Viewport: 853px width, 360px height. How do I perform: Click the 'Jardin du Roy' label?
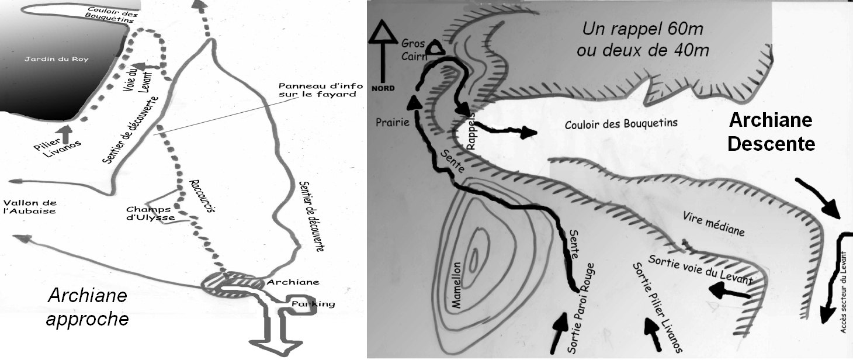click(x=56, y=59)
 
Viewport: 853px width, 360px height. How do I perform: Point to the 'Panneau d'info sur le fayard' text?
click(x=320, y=89)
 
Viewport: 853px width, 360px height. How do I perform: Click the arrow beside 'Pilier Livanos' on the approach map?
click(x=65, y=134)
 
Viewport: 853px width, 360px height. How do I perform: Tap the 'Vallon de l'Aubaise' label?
click(x=30, y=207)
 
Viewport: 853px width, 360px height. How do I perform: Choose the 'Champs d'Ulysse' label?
click(x=150, y=213)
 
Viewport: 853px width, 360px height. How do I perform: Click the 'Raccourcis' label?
click(x=203, y=196)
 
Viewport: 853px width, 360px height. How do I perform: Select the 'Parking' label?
click(x=313, y=304)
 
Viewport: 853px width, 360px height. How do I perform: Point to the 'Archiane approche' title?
click(x=87, y=307)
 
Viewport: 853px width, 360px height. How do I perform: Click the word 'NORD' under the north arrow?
click(x=383, y=88)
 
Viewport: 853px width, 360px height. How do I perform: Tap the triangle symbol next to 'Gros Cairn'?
click(x=435, y=47)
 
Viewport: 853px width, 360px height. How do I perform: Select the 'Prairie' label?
click(x=392, y=122)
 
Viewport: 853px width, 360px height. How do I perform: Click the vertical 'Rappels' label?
click(x=471, y=131)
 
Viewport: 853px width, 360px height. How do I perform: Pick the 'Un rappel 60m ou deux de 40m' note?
click(x=643, y=39)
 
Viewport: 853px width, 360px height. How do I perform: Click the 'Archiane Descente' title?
click(x=771, y=132)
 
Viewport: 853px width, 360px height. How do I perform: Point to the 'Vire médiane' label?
click(x=713, y=224)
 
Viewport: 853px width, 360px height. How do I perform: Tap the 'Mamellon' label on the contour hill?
click(x=456, y=285)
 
